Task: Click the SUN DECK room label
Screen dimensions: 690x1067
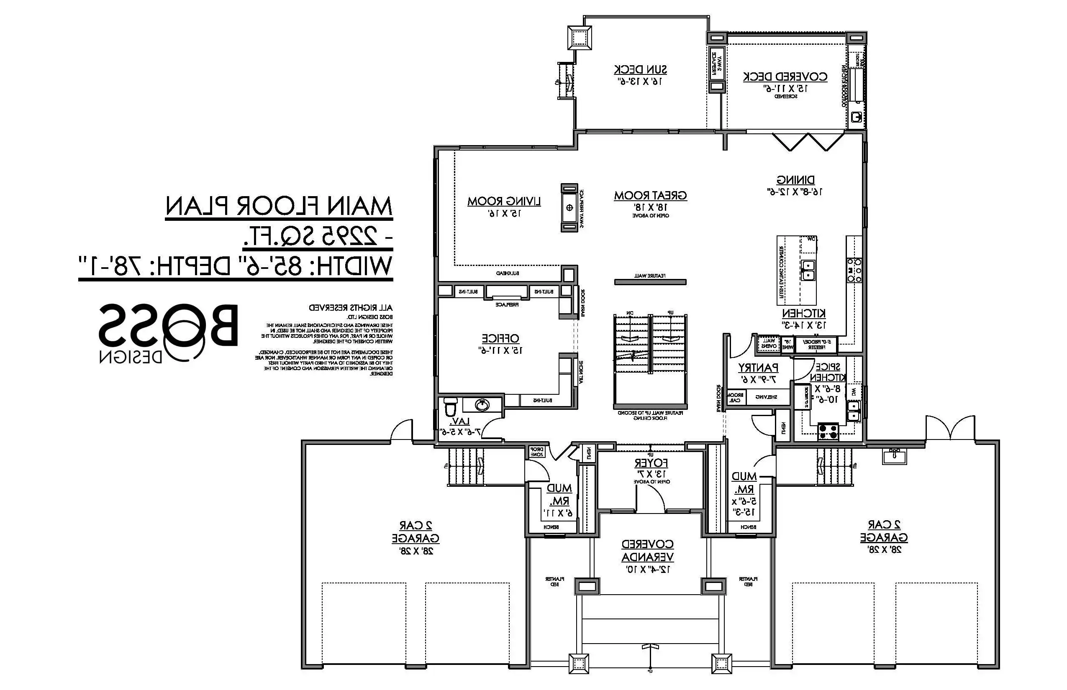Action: tap(640, 70)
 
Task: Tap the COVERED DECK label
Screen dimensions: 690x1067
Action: tap(785, 77)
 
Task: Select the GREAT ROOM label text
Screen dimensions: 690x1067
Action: tap(650, 196)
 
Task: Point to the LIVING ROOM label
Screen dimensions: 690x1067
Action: tap(504, 202)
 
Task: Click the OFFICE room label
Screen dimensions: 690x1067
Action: tap(500, 339)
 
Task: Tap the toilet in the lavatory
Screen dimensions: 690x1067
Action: tap(450, 407)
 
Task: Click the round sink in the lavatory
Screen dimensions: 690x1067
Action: tap(482, 405)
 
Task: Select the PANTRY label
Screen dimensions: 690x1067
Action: tap(758, 368)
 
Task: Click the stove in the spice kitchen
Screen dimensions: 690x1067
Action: tap(828, 431)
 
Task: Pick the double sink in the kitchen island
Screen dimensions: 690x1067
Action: tap(808, 270)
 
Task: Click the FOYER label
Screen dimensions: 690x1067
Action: tap(651, 463)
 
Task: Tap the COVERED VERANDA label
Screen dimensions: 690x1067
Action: tap(647, 551)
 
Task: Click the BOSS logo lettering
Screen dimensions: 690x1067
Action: tap(168, 326)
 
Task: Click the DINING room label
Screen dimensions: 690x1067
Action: tap(795, 180)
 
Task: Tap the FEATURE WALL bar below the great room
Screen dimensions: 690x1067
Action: tap(650, 282)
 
